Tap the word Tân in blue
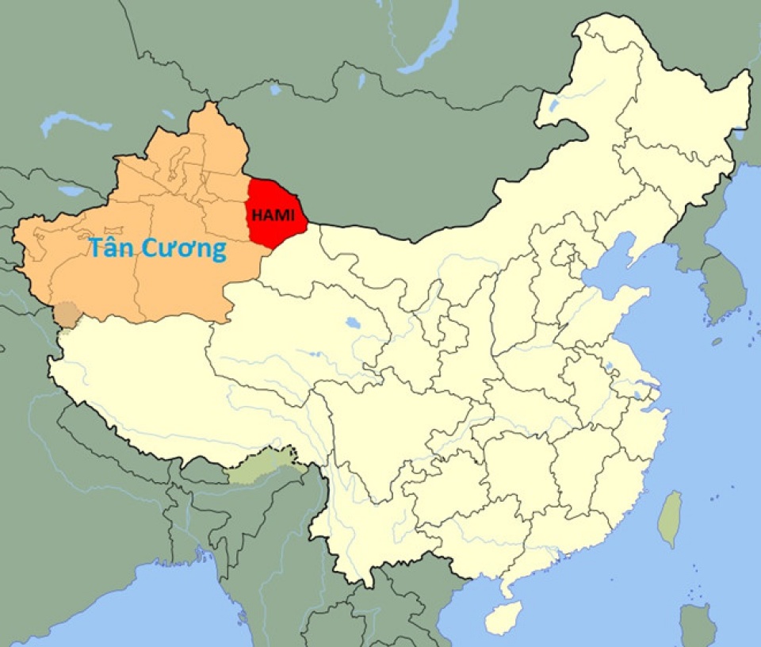coord(113,248)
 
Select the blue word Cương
coord(185,250)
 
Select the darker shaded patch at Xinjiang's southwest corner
coord(67,314)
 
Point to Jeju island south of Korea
coord(717,342)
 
